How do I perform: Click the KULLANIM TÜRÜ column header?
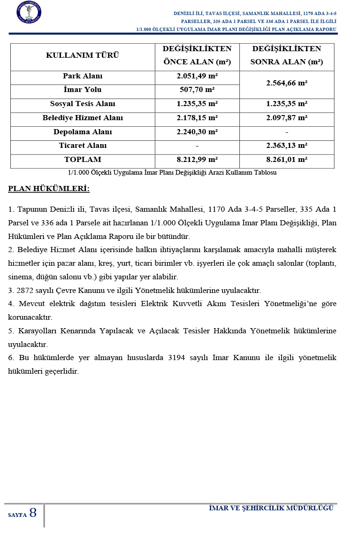[83, 55]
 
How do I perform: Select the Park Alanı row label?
[83, 76]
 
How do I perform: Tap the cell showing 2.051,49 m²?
[197, 76]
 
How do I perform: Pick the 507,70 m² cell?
[197, 90]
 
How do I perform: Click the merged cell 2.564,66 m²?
[286, 83]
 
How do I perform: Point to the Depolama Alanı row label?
[83, 132]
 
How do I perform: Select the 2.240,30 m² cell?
[197, 132]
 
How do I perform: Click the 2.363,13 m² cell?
[286, 146]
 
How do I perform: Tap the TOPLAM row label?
[83, 160]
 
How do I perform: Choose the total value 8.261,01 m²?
[286, 160]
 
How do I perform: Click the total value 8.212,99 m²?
[197, 160]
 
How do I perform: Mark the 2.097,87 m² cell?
[286, 118]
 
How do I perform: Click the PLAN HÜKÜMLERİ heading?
[49, 189]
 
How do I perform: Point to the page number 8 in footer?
[33, 513]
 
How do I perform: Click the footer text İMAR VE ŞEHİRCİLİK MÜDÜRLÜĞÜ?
[271, 508]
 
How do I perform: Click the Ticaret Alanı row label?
[83, 146]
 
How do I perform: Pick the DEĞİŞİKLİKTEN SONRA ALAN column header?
[286, 55]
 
